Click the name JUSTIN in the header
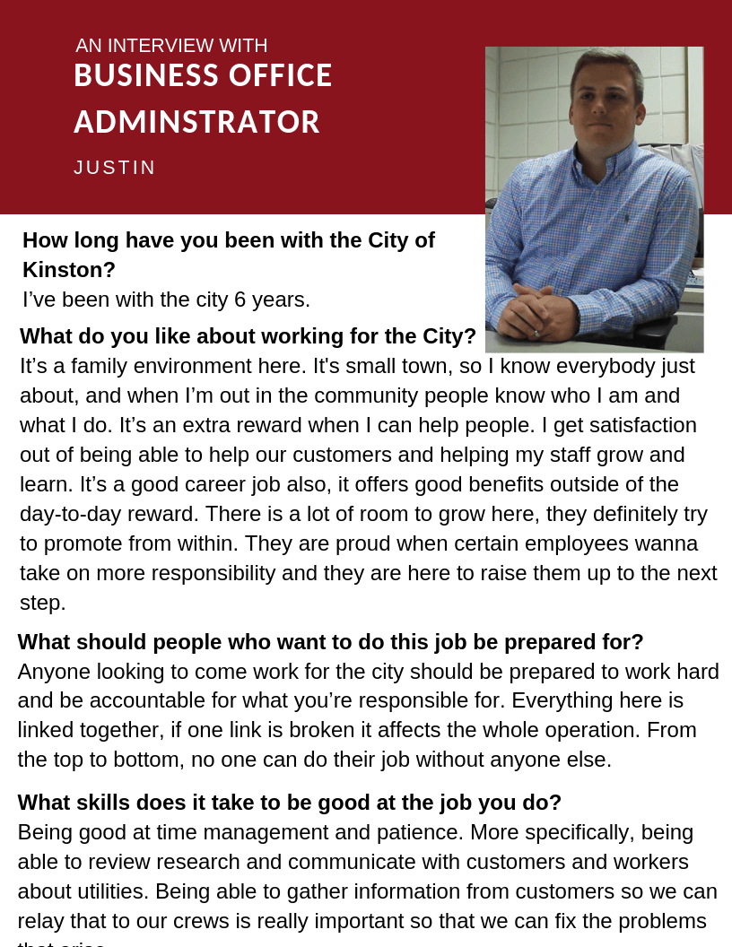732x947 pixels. pos(115,168)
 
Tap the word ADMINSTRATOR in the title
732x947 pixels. pos(196,122)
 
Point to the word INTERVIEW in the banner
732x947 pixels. pos(170,46)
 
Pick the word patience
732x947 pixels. pos(418,832)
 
